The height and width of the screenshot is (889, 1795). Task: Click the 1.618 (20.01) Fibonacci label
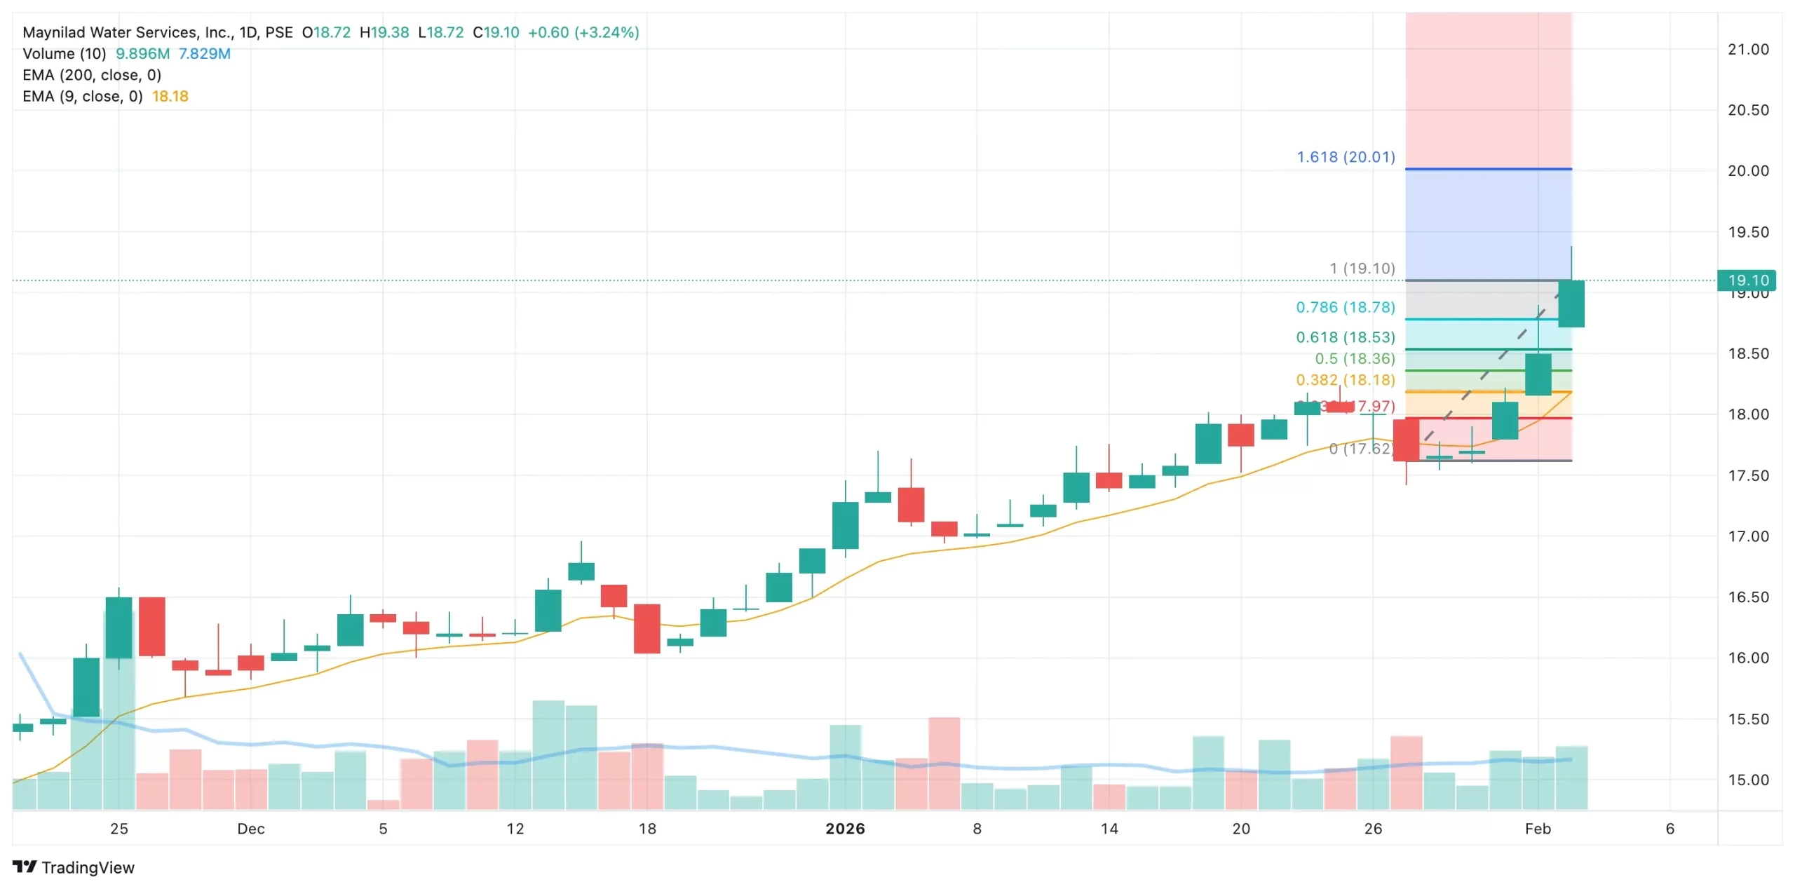(x=1345, y=157)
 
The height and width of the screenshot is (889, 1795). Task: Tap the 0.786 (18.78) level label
(x=1345, y=307)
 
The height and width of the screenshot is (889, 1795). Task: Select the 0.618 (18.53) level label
(x=1345, y=337)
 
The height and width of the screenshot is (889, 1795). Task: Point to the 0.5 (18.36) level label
(x=1355, y=358)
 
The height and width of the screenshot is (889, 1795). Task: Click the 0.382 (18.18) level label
(x=1345, y=380)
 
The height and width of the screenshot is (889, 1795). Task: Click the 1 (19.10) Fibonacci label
(x=1362, y=269)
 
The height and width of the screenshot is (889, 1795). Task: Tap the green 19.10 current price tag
(x=1747, y=280)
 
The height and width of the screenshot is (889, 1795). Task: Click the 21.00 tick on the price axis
(x=1747, y=49)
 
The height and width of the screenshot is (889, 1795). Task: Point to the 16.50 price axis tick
(x=1747, y=597)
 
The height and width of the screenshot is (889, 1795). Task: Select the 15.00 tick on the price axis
(x=1747, y=780)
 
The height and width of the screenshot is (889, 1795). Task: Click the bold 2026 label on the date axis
(x=845, y=829)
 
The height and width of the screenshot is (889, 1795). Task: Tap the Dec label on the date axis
(x=251, y=829)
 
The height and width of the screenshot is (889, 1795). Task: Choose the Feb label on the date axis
(x=1538, y=829)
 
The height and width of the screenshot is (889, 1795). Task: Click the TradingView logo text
(x=88, y=867)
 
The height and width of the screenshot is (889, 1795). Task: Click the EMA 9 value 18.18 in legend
(x=170, y=96)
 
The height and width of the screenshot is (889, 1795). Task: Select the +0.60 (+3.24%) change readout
(x=583, y=32)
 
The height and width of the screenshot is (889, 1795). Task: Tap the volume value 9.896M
(x=142, y=54)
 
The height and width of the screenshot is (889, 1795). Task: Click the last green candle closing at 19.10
(x=1571, y=303)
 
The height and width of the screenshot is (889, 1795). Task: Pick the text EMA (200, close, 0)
(x=92, y=75)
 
